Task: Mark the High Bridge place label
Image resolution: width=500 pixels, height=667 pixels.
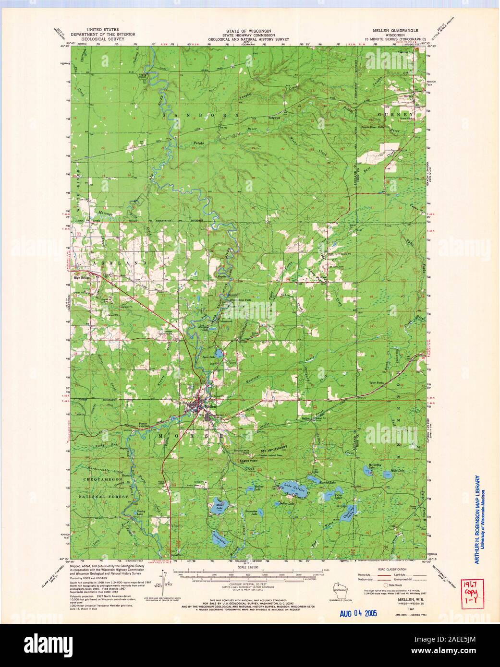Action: (83, 277)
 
